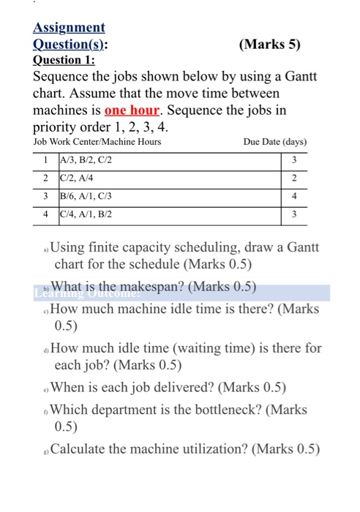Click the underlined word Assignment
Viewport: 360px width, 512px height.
[x=69, y=28]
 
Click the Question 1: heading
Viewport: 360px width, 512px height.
[x=62, y=60]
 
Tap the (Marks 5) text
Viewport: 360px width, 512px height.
[x=270, y=44]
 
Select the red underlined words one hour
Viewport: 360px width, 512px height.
[x=132, y=110]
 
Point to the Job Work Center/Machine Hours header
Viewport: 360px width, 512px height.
[x=97, y=142]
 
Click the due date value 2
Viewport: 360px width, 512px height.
[x=293, y=178]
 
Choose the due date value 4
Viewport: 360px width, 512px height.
[x=293, y=197]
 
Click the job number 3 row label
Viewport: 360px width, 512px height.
[x=45, y=197]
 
